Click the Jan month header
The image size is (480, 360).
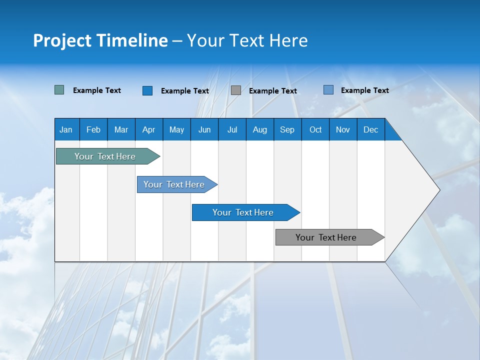(x=66, y=129)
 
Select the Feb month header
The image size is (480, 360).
(x=93, y=129)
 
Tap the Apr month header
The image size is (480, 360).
(x=148, y=129)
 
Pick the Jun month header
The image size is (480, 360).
(x=204, y=129)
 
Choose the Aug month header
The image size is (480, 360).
(x=259, y=129)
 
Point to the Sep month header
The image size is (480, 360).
(x=287, y=129)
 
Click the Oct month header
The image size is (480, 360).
(x=315, y=129)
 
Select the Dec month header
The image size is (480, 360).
(x=370, y=129)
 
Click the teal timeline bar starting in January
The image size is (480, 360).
(x=105, y=156)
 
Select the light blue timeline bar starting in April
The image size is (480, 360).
(x=174, y=184)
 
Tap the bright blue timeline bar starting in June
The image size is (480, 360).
(x=243, y=212)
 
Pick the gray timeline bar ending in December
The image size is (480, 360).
(x=326, y=237)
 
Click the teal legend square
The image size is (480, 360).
(x=59, y=90)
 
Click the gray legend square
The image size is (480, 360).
(x=236, y=90)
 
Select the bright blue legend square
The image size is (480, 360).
(x=147, y=90)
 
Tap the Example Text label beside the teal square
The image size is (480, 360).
(x=97, y=90)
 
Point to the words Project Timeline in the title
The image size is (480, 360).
(x=100, y=40)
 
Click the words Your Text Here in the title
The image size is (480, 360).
(x=247, y=40)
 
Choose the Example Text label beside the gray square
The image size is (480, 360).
(x=273, y=91)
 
